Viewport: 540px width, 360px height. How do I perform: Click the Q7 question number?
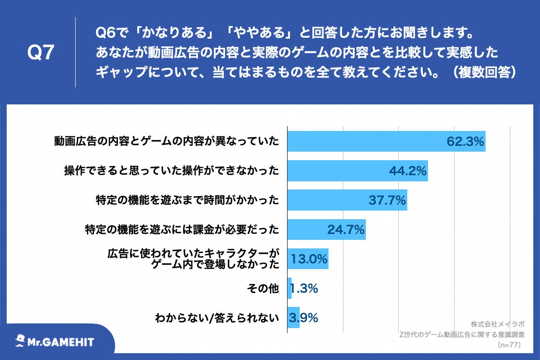tap(40, 53)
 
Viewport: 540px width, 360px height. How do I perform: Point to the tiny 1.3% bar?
tap(289, 288)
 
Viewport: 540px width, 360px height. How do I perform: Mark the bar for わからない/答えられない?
tap(293, 318)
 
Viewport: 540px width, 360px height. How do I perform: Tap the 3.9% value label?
tap(304, 318)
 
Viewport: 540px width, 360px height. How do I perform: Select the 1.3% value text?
tap(304, 288)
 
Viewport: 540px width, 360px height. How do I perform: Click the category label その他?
tap(263, 288)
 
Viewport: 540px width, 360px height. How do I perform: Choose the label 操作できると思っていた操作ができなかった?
tap(171, 171)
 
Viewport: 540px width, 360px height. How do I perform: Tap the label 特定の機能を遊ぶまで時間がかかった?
tap(188, 200)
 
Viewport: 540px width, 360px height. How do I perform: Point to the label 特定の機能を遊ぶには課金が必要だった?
tap(182, 230)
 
